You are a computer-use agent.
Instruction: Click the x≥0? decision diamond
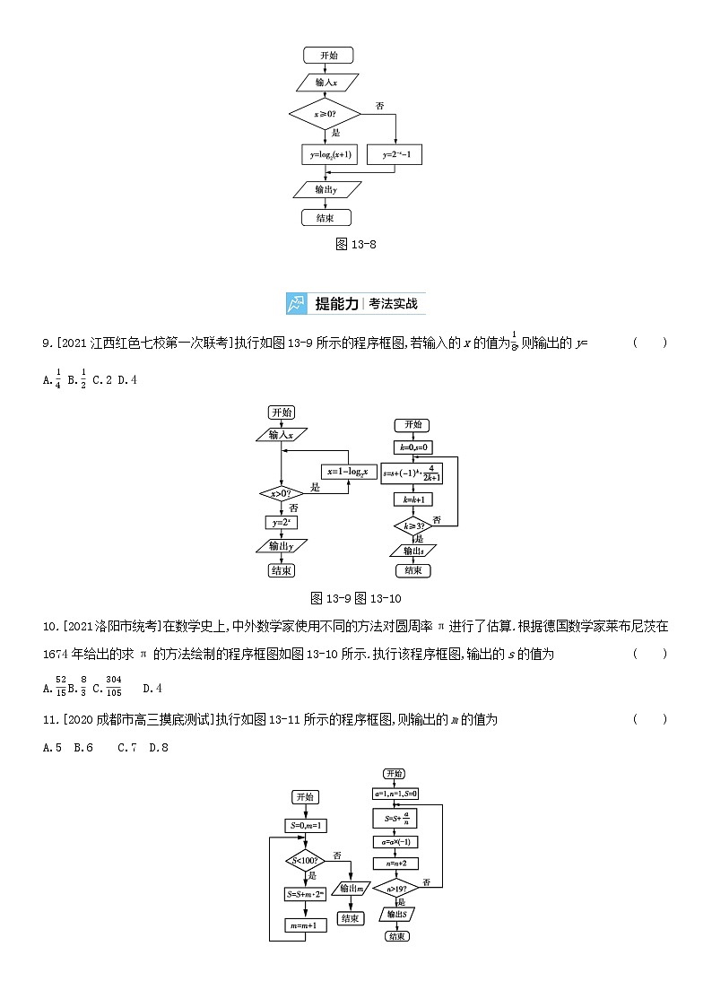pos(324,114)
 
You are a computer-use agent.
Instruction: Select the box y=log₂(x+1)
pos(331,155)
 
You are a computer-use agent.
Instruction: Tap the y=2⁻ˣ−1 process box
pos(395,155)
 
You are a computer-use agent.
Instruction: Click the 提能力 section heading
pos(336,303)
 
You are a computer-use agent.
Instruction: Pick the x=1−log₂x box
pos(351,472)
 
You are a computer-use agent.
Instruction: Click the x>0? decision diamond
pos(281,493)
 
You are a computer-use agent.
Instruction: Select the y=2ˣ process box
pos(281,522)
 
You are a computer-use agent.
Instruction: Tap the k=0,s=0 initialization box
pos(412,447)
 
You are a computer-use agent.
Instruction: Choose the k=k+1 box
pos(412,500)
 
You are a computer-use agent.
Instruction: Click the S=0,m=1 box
pos(305,825)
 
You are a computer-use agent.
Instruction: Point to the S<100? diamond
pos(305,862)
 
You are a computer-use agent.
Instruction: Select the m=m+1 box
pos(305,925)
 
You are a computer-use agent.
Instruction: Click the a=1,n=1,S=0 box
pos(395,794)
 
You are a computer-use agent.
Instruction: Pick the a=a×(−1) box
pos(395,842)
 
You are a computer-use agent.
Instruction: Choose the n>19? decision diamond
pos(395,889)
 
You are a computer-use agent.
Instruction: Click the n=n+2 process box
pos(395,864)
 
